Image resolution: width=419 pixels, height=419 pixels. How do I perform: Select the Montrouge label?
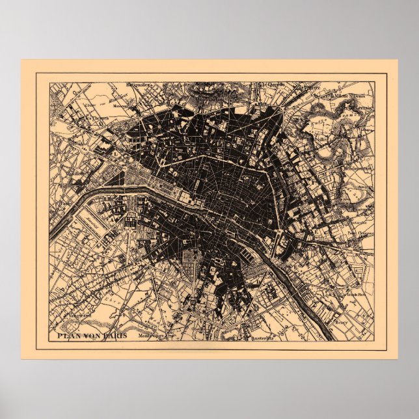[154, 336]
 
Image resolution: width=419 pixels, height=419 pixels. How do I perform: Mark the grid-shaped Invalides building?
[129, 222]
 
